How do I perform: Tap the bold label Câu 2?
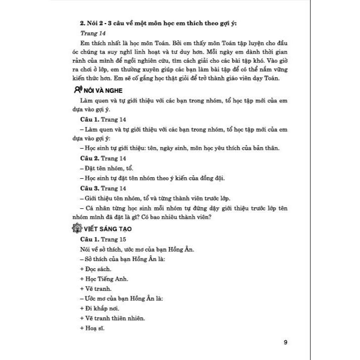pos(90,158)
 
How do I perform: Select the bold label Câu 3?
pos(90,188)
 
